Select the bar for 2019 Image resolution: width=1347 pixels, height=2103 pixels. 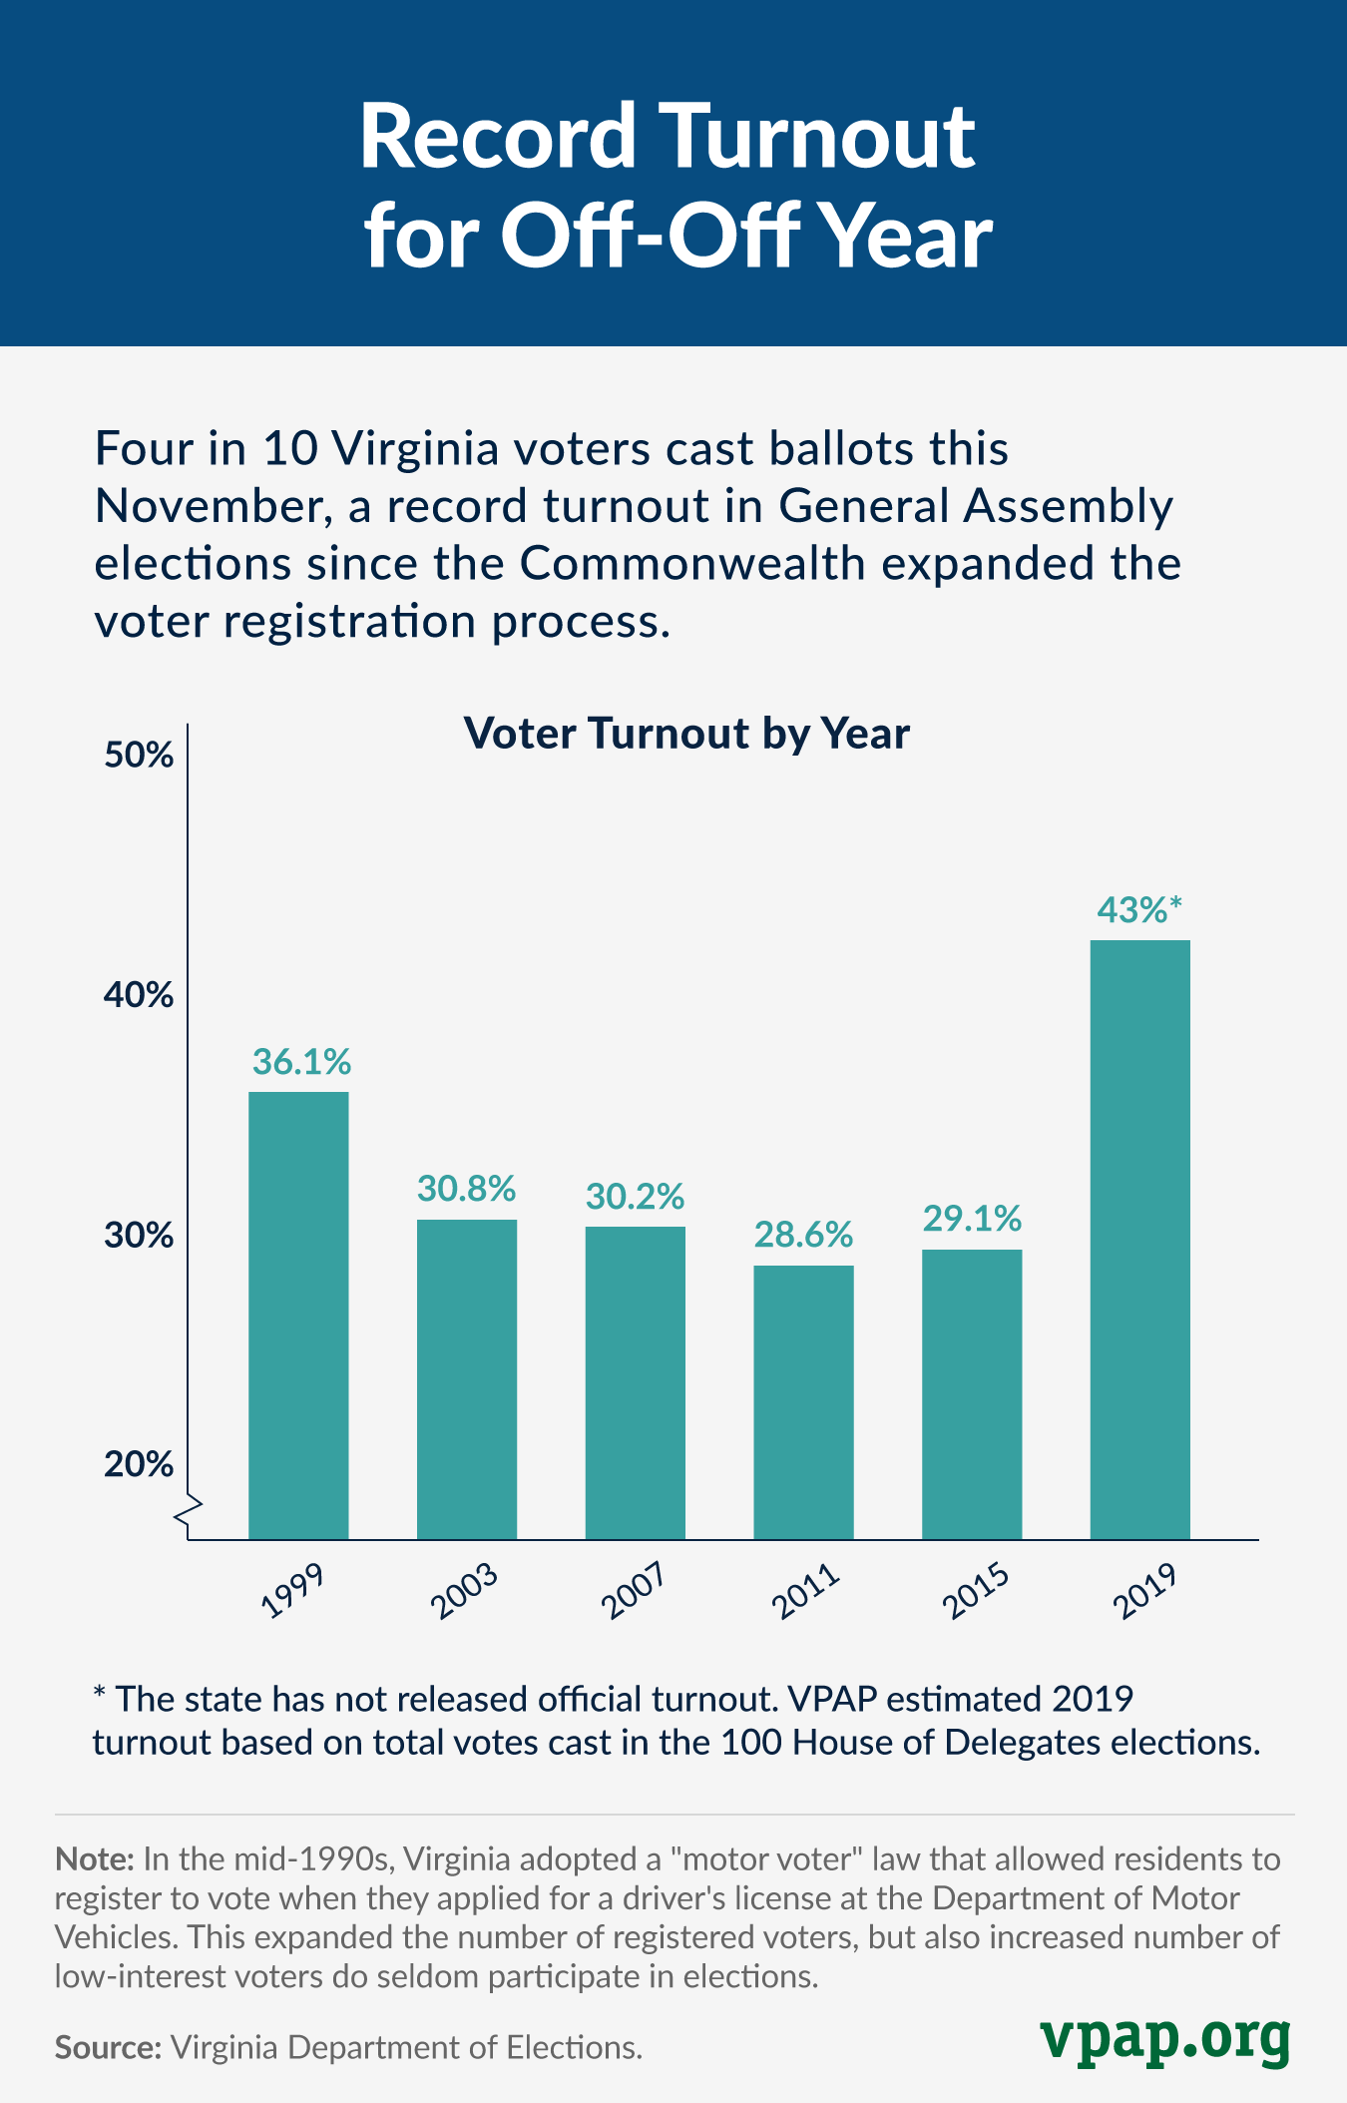click(x=1139, y=1239)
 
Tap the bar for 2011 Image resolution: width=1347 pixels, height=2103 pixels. click(x=803, y=1401)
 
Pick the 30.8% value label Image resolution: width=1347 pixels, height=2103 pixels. click(x=466, y=1189)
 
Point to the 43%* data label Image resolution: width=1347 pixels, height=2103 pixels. click(x=1138, y=910)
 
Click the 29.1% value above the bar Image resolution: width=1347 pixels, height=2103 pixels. click(x=972, y=1219)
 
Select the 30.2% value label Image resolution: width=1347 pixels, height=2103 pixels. click(x=635, y=1196)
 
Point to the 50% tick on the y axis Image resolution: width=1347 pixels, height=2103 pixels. click(x=139, y=756)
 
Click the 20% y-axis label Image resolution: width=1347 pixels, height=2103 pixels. click(x=139, y=1464)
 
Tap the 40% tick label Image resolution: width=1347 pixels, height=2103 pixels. click(x=139, y=995)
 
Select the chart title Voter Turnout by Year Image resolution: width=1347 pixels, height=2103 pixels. click(x=686, y=734)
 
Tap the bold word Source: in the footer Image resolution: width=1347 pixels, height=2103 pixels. click(x=108, y=2048)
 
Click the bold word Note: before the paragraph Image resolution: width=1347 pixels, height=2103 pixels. click(x=94, y=1858)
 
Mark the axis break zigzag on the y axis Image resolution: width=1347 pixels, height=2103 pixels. click(x=189, y=1513)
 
